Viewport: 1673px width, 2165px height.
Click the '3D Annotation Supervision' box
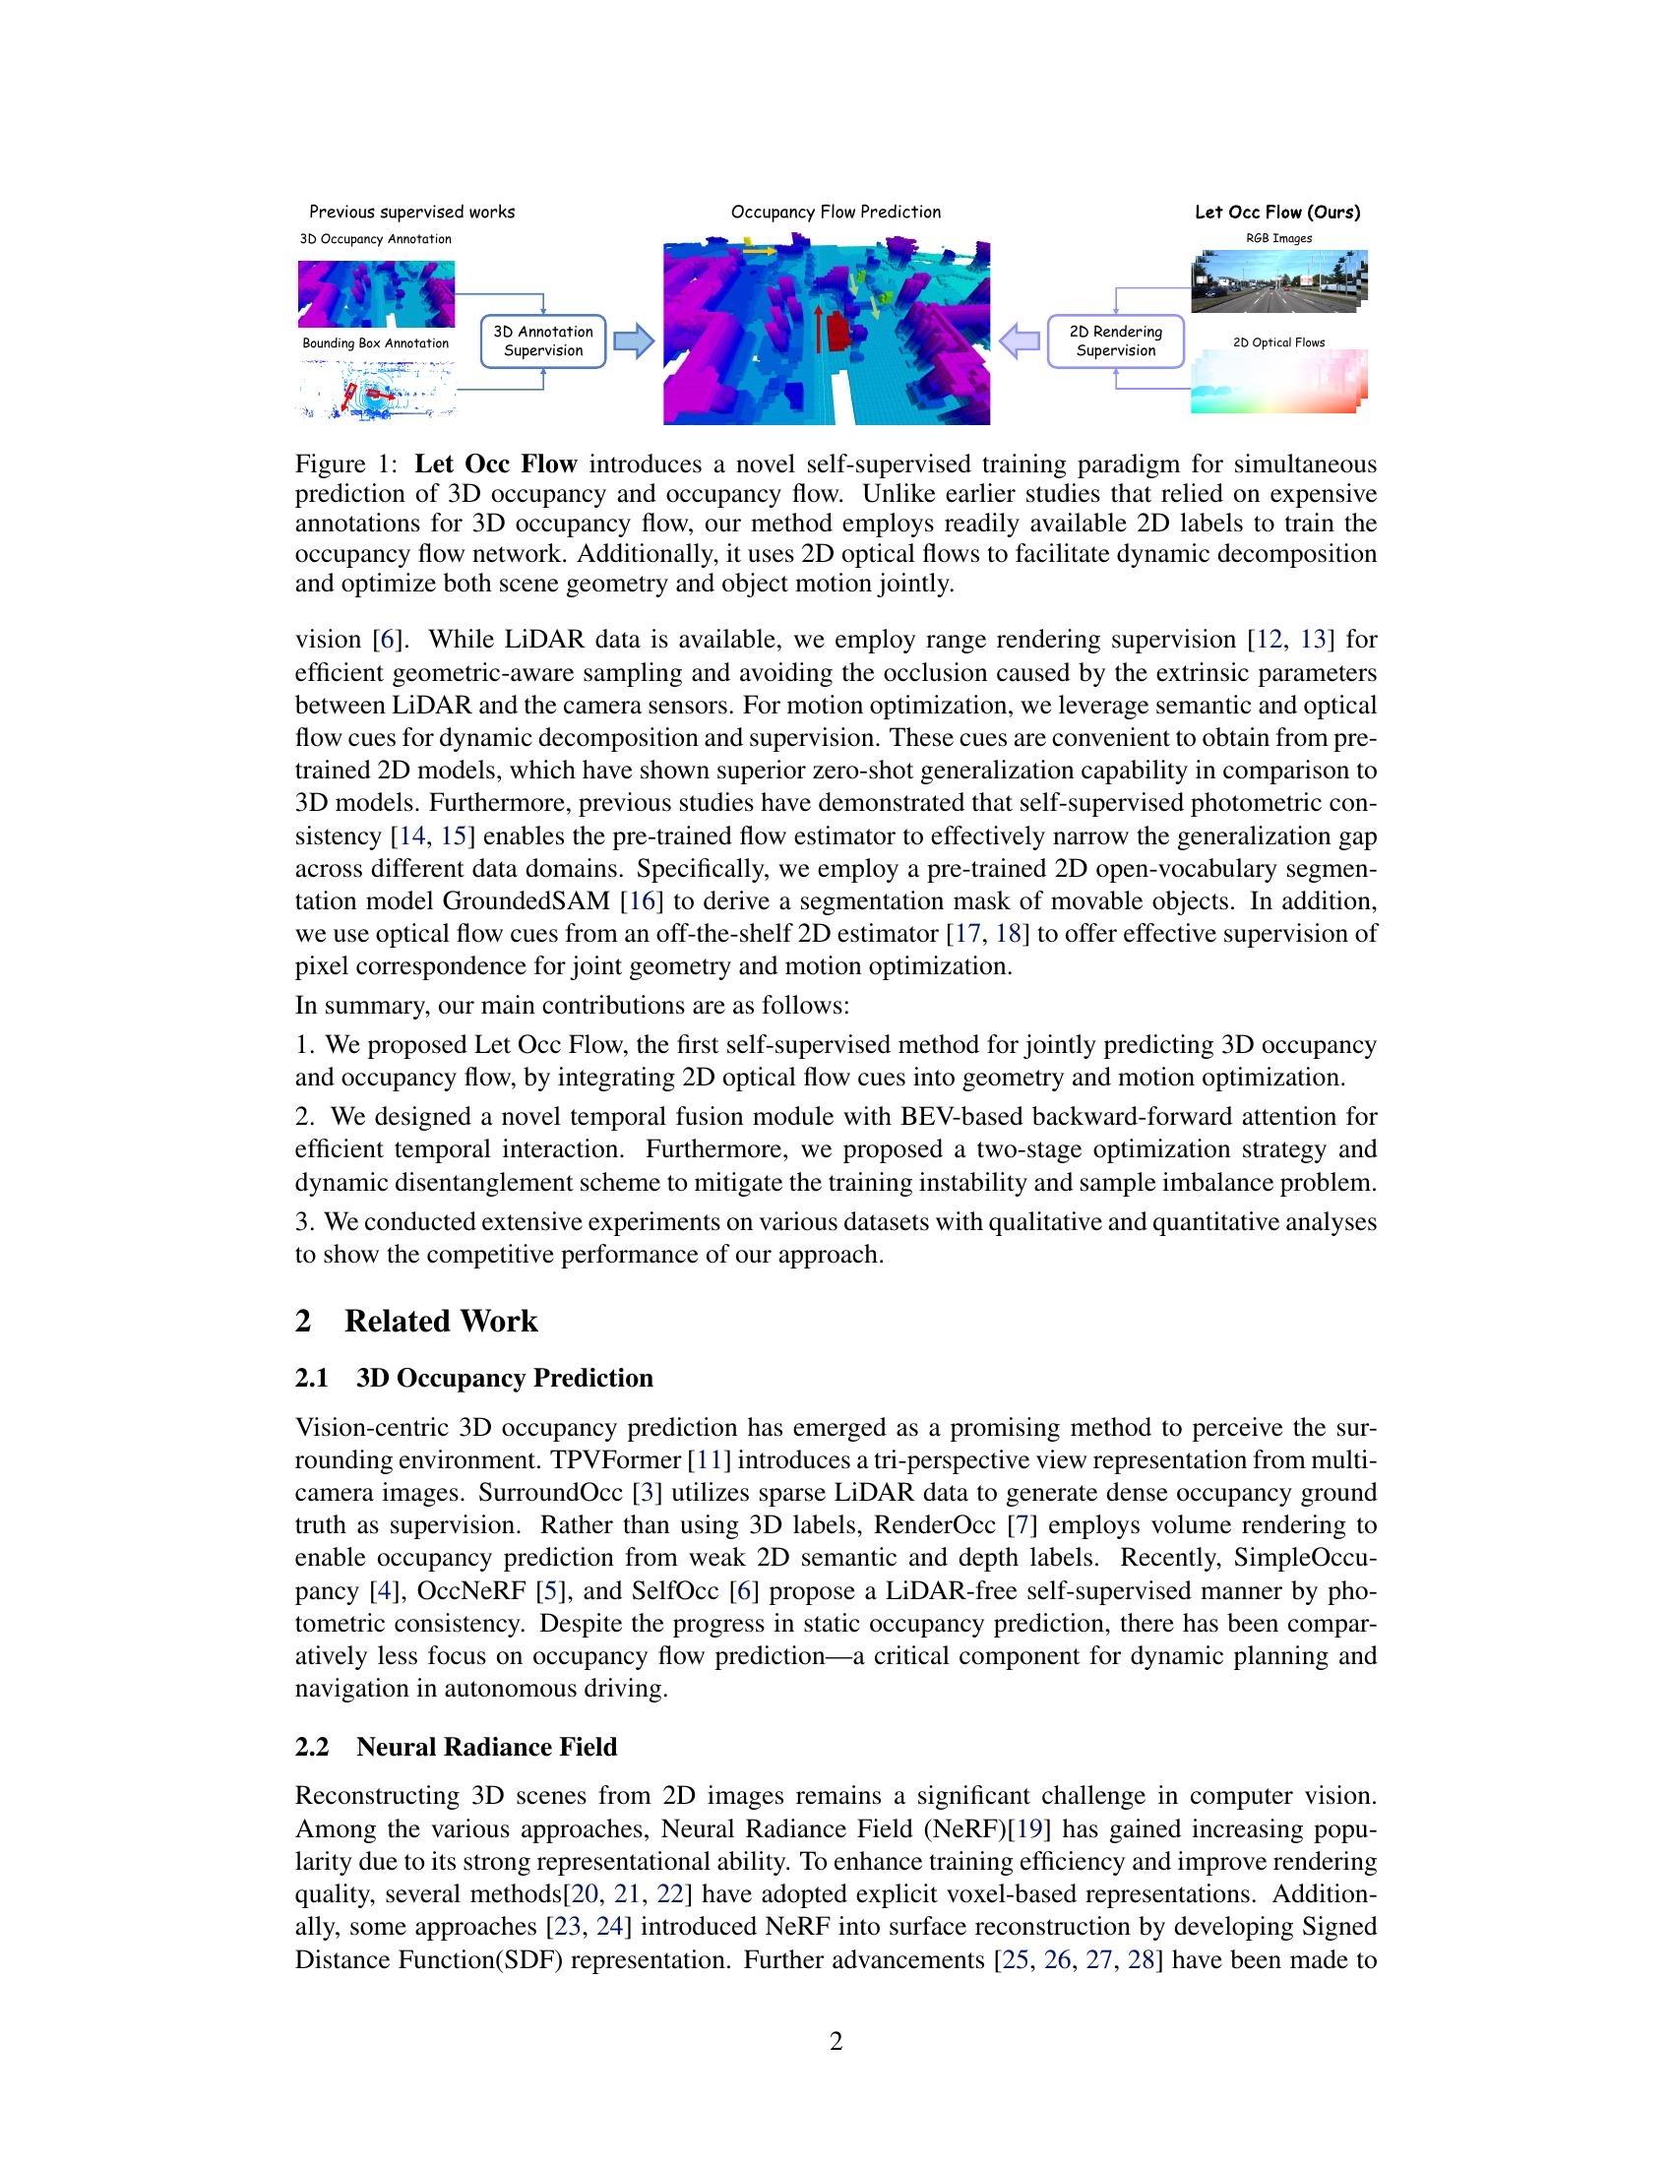tap(542, 341)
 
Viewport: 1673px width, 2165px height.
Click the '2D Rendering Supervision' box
tap(1115, 341)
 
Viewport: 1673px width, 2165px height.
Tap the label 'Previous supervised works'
tap(411, 213)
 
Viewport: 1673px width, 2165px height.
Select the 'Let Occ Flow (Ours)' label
tap(1276, 213)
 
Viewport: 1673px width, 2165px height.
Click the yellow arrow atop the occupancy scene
tap(760, 252)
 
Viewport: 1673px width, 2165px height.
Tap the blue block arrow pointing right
tap(635, 341)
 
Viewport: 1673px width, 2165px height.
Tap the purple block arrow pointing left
tap(1019, 341)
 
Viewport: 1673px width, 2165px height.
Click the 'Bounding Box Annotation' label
tap(376, 344)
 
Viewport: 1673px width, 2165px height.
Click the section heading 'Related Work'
tap(440, 1322)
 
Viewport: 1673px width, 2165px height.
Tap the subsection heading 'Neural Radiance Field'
tap(485, 1747)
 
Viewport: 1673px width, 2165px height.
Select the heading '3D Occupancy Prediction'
tap(504, 1378)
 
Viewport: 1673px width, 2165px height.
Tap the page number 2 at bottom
tap(836, 2041)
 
